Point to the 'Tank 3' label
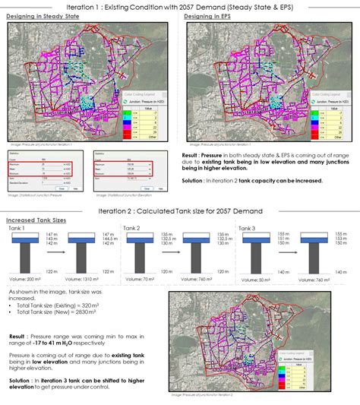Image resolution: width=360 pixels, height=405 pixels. coord(245,228)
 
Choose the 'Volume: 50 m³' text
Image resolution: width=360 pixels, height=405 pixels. coord(253,280)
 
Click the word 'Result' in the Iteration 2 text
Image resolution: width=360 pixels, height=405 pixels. coord(17,335)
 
